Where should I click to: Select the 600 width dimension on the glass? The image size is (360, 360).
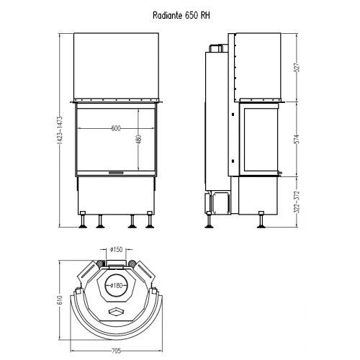tap(116, 128)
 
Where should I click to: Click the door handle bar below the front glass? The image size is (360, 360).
tap(116, 174)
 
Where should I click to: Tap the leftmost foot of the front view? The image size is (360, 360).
tap(85, 222)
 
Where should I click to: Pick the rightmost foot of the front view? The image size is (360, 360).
tap(150, 222)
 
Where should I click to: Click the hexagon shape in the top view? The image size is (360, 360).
tap(116, 310)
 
